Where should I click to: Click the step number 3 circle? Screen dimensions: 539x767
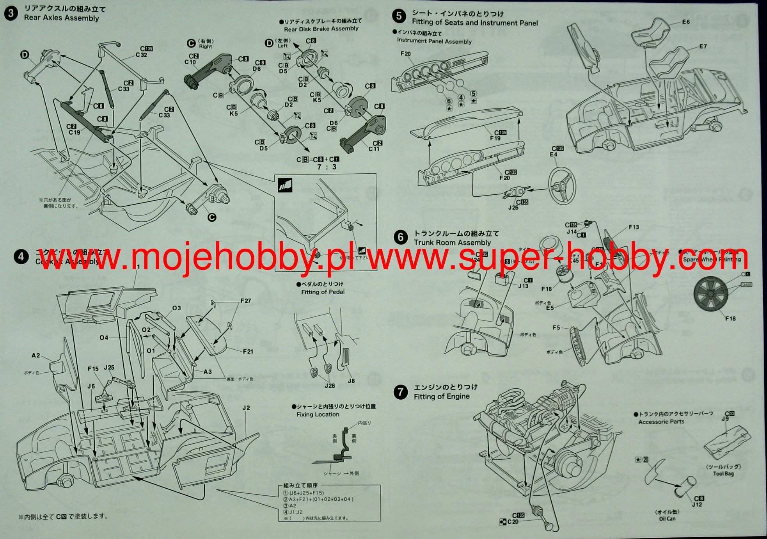pos(11,13)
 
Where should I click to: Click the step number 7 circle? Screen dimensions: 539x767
pos(401,391)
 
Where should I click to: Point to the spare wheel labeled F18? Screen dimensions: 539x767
pos(710,294)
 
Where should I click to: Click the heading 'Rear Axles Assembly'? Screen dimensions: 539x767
pos(61,18)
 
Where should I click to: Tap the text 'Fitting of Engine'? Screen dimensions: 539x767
pos(441,397)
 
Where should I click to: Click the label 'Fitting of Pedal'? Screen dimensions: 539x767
pos(323,292)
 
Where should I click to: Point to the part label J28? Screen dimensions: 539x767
pos(330,386)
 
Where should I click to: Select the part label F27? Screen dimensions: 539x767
pos(245,301)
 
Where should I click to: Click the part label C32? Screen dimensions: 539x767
pos(141,55)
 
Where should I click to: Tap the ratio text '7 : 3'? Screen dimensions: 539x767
pos(327,167)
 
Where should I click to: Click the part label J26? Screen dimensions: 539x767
pos(513,208)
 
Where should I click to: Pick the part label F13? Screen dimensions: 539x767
pos(634,227)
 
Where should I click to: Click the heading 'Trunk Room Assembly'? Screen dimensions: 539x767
pos(452,242)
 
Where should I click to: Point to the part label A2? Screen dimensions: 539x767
pos(36,356)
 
